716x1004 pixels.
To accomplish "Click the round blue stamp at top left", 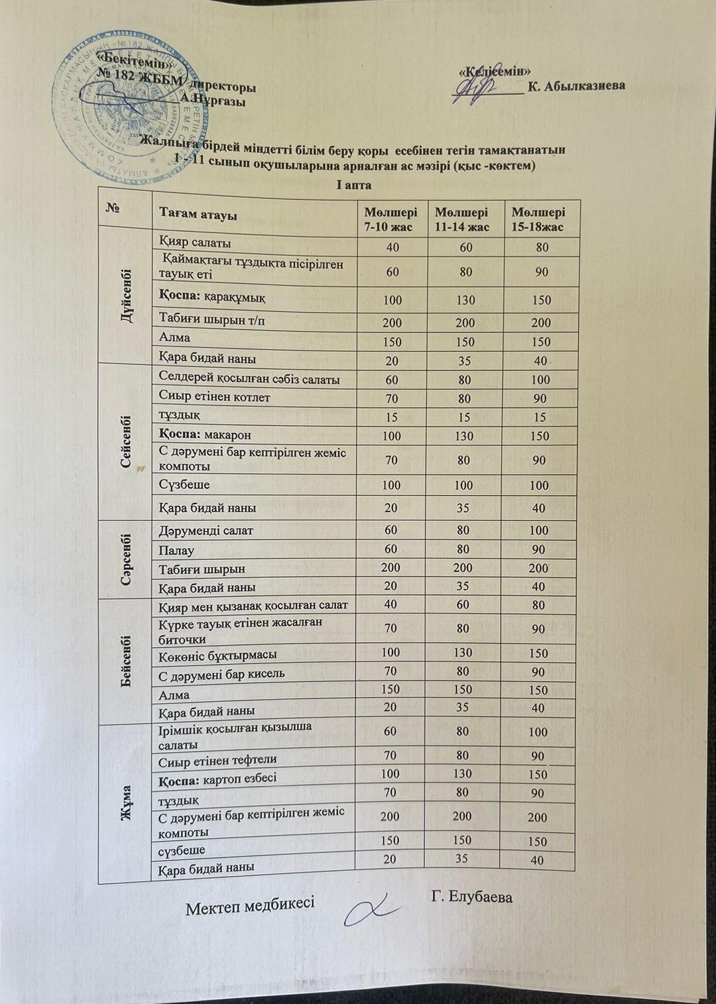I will pos(126,109).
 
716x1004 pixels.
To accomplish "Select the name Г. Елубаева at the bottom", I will pos(471,897).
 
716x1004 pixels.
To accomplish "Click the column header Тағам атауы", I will pos(198,215).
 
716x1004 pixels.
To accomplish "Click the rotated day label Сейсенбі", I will pos(125,441).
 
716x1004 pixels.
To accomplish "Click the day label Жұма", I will pos(127,803).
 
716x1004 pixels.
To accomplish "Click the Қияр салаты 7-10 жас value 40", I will pos(391,247).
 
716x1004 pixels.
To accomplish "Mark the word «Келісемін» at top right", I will pos(497,71).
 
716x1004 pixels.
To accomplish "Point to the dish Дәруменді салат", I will pos(206,531).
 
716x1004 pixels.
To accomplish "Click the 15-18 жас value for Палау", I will pos(539,550).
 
